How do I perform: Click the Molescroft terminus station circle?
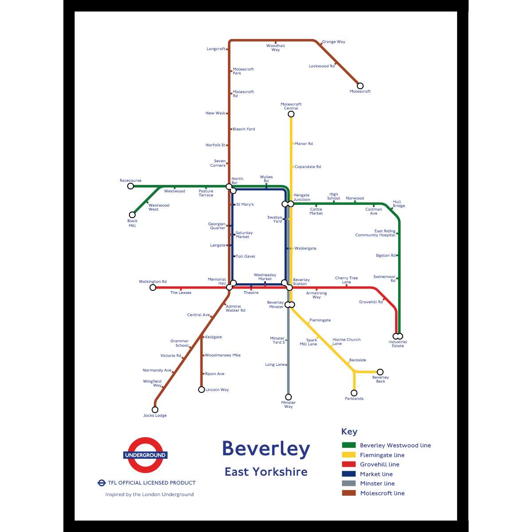(360, 86)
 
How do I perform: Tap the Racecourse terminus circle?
(131, 186)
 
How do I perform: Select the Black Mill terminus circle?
(132, 215)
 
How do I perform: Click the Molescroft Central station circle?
(291, 114)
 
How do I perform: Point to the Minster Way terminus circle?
(288, 397)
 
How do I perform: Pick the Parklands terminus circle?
(354, 393)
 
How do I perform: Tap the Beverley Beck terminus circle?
(380, 372)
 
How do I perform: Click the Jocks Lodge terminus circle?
(155, 410)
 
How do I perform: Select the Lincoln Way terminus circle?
(201, 390)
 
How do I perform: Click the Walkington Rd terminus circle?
(153, 288)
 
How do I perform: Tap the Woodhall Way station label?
(276, 48)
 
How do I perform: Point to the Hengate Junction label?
(302, 197)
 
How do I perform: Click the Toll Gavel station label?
(246, 256)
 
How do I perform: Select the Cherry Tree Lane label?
(346, 280)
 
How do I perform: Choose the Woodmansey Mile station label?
(223, 355)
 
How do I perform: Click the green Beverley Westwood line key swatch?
(348, 445)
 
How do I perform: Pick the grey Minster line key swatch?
(348, 483)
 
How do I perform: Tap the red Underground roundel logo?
(145, 455)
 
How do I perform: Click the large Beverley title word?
(266, 449)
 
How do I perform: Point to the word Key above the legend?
(349, 432)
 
